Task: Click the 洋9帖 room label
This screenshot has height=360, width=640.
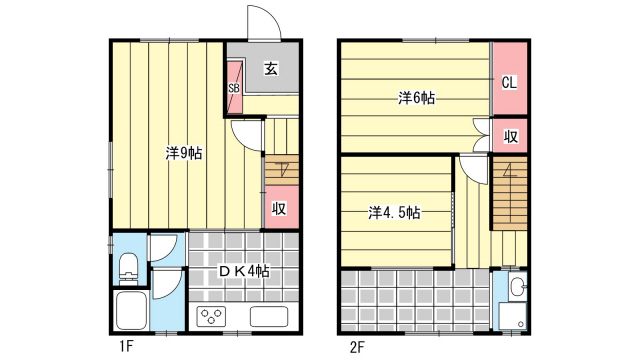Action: click(x=184, y=153)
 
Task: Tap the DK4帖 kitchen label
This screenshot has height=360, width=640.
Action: click(x=244, y=271)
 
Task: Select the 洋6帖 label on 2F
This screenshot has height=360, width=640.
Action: click(x=416, y=98)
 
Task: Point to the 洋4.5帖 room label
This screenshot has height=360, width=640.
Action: click(x=394, y=213)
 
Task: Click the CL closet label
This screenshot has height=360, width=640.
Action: click(x=509, y=82)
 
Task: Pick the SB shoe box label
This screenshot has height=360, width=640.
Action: click(x=234, y=88)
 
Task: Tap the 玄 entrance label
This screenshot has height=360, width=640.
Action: click(x=271, y=68)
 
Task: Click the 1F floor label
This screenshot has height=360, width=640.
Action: click(x=127, y=347)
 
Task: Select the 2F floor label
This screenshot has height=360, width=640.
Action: click(x=357, y=347)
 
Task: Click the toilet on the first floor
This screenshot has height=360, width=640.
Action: click(x=129, y=269)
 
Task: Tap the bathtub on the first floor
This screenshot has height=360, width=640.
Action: click(x=131, y=311)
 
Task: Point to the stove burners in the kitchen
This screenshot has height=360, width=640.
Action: click(x=211, y=317)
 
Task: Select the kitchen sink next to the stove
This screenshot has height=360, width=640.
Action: click(x=269, y=317)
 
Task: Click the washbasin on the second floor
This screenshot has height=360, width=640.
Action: click(x=518, y=287)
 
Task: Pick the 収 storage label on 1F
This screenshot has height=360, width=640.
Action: click(x=279, y=209)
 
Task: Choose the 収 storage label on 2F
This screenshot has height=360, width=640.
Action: click(x=510, y=136)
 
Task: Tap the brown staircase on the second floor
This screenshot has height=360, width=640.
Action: click(x=510, y=193)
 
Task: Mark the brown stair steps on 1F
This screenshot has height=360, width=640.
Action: click(x=282, y=170)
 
